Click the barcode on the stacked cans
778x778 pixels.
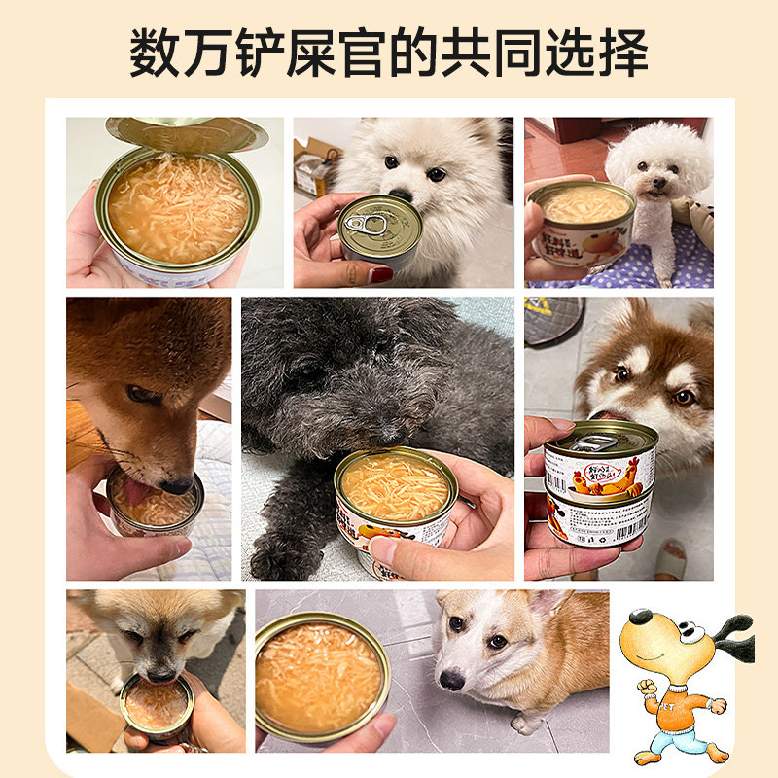pos(623,525)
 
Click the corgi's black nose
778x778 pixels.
pos(449,680)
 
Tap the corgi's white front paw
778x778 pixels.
pos(526,725)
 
